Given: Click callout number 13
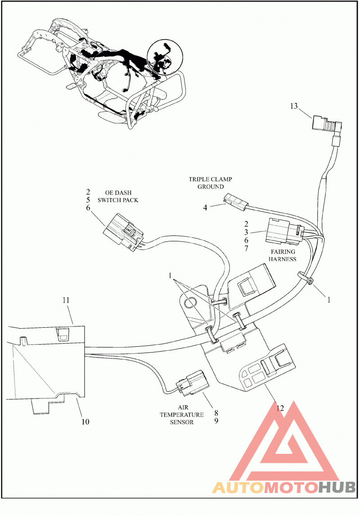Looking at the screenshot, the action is pos(293,106).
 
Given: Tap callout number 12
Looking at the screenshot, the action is pos(280,408).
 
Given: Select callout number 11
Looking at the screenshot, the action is pos(66,300).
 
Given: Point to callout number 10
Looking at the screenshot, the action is pos(85,422).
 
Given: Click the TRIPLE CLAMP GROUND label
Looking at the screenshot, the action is pos(211,183).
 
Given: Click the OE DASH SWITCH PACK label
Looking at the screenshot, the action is pos(118,196).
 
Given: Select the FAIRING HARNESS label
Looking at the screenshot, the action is pos(283,255).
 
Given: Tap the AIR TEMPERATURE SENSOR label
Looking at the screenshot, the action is pos(182,415).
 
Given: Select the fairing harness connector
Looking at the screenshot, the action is pos(283,231).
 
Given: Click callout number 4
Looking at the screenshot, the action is pos(205,208).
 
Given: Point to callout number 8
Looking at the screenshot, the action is pos(216,413).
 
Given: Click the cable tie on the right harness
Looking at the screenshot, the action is pos(306,277).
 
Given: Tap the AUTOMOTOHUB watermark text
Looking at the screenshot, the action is pos(284,487).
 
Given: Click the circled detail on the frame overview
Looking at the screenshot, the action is pos(164,57).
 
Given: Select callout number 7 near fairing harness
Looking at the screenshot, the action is pos(246,249).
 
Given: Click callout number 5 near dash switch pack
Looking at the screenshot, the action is pos(88,200).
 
